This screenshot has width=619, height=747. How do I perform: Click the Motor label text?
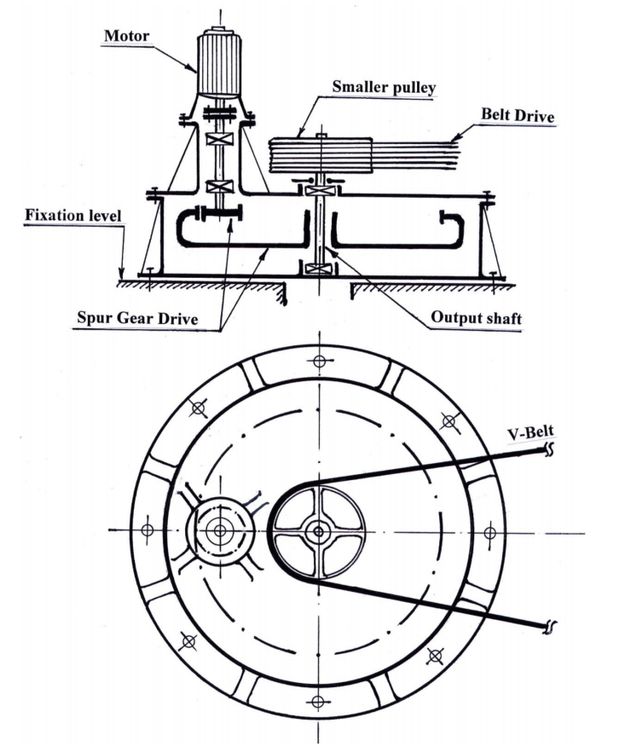tap(125, 37)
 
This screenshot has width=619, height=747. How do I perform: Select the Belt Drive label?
tap(517, 113)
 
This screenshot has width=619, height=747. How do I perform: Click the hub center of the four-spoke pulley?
tap(319, 530)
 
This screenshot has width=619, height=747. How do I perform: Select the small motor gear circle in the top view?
tap(221, 530)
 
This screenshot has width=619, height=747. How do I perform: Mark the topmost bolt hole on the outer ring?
tap(319, 360)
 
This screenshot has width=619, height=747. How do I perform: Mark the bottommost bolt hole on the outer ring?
tap(319, 701)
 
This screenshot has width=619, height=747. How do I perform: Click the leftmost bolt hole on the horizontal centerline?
tap(148, 530)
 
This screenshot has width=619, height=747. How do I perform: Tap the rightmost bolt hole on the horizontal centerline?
tap(489, 532)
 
